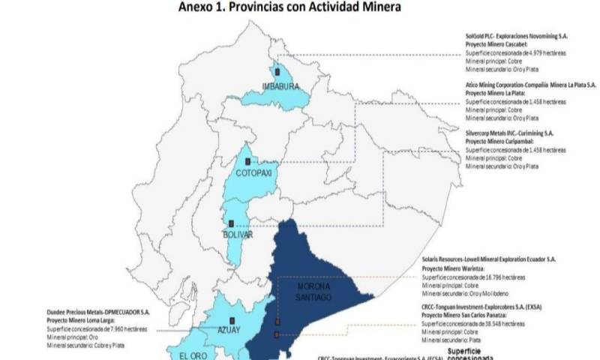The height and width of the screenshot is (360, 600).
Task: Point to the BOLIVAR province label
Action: (238, 235)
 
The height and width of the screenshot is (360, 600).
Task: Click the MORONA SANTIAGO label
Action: (313, 292)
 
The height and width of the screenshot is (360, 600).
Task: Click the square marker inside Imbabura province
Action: (277, 72)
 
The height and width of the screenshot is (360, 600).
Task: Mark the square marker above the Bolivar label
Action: (232, 223)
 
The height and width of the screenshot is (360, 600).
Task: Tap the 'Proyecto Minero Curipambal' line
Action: (502, 141)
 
